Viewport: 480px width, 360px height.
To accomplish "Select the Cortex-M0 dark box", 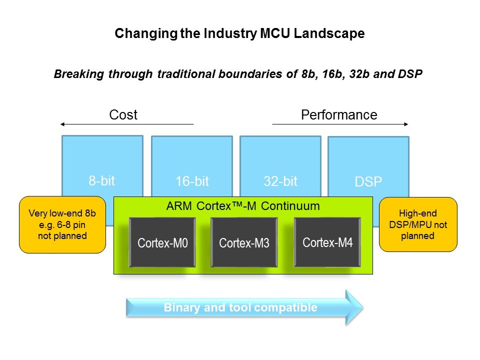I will point(162,242).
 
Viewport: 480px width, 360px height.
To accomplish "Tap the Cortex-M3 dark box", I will point(244,242).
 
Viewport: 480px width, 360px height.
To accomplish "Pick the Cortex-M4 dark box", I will point(327,242).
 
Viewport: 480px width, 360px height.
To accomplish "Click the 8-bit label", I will point(102,181).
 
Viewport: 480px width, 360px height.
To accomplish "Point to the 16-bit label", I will point(192,181).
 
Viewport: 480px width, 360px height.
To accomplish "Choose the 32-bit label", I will point(280,181).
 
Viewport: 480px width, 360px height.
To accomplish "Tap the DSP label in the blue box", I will point(368,182).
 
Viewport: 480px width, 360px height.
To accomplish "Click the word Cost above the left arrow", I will point(123,115).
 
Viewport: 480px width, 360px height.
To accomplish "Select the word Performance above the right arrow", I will point(339,115).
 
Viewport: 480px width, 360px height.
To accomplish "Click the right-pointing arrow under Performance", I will point(340,124).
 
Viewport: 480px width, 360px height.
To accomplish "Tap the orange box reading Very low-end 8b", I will point(62,224).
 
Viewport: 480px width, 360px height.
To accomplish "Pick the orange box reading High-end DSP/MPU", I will point(418,224).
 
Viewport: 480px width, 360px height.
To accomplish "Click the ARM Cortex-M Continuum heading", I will point(243,205).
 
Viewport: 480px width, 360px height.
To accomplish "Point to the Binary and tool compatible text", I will point(240,307).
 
